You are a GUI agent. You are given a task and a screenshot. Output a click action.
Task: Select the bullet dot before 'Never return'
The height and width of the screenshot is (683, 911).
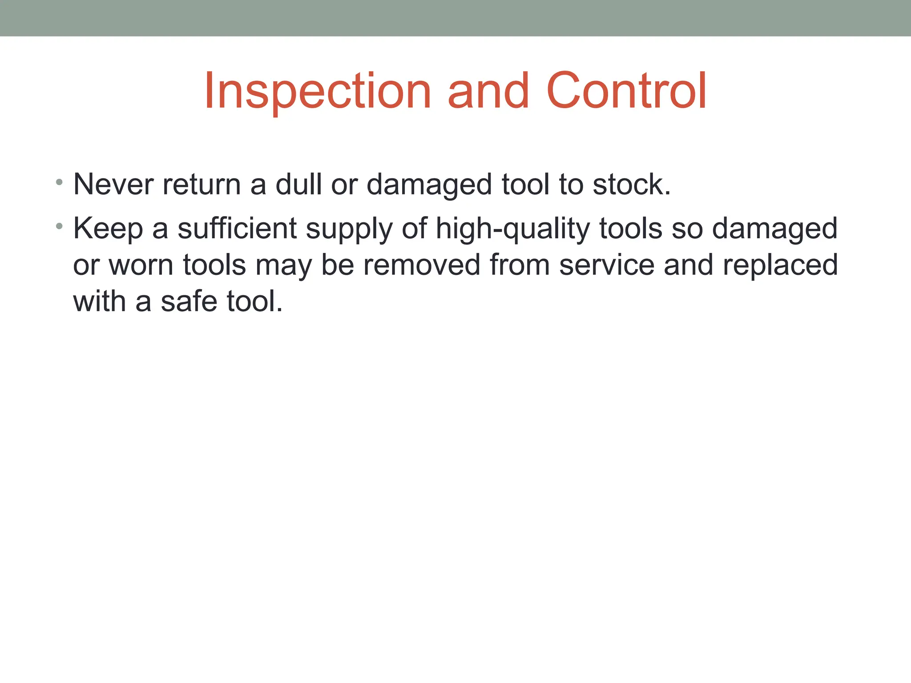pos(59,182)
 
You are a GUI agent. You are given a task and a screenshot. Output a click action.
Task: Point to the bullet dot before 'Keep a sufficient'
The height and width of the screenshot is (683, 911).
pos(59,226)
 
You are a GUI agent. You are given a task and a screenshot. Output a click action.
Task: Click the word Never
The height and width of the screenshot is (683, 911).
pos(113,185)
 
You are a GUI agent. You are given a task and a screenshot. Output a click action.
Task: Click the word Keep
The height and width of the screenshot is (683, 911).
pos(108,229)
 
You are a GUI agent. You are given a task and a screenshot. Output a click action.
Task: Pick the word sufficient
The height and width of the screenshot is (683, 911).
pos(237,229)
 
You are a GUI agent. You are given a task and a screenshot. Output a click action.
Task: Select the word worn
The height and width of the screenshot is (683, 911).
pos(141,265)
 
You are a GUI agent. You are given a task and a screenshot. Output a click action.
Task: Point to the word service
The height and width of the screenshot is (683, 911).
pos(606,265)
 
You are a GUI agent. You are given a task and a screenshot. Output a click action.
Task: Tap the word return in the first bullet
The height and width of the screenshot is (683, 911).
pos(202,185)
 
